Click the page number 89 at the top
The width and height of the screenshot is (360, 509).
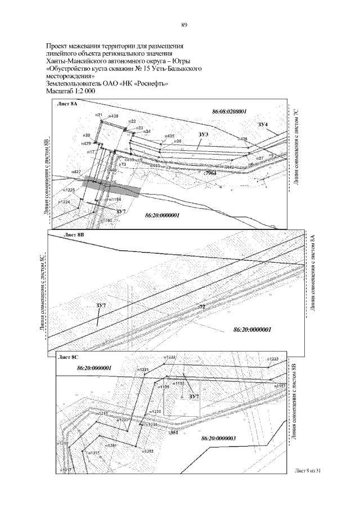[184, 25]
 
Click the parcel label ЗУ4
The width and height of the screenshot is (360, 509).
[263, 123]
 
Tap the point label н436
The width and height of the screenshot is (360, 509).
[242, 138]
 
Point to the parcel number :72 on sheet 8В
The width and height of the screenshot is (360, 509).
[202, 307]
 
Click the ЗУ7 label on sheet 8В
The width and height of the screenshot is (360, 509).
[101, 305]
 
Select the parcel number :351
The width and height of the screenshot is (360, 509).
[173, 434]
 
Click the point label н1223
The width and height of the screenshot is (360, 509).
[272, 359]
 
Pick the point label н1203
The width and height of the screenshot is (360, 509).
[147, 451]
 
